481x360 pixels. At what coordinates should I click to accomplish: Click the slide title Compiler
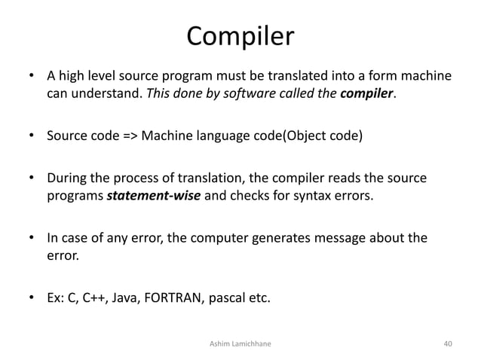pos(240,35)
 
